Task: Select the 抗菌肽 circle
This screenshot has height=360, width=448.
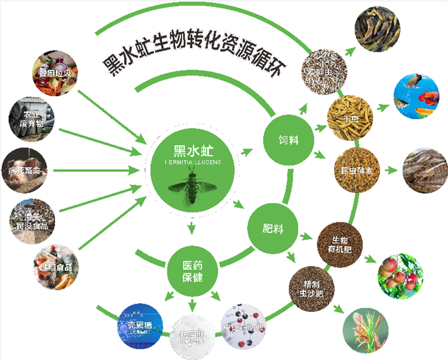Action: point(194,331)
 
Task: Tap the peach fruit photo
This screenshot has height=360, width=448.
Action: point(401,274)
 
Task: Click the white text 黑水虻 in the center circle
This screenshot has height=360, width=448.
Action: point(193,152)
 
